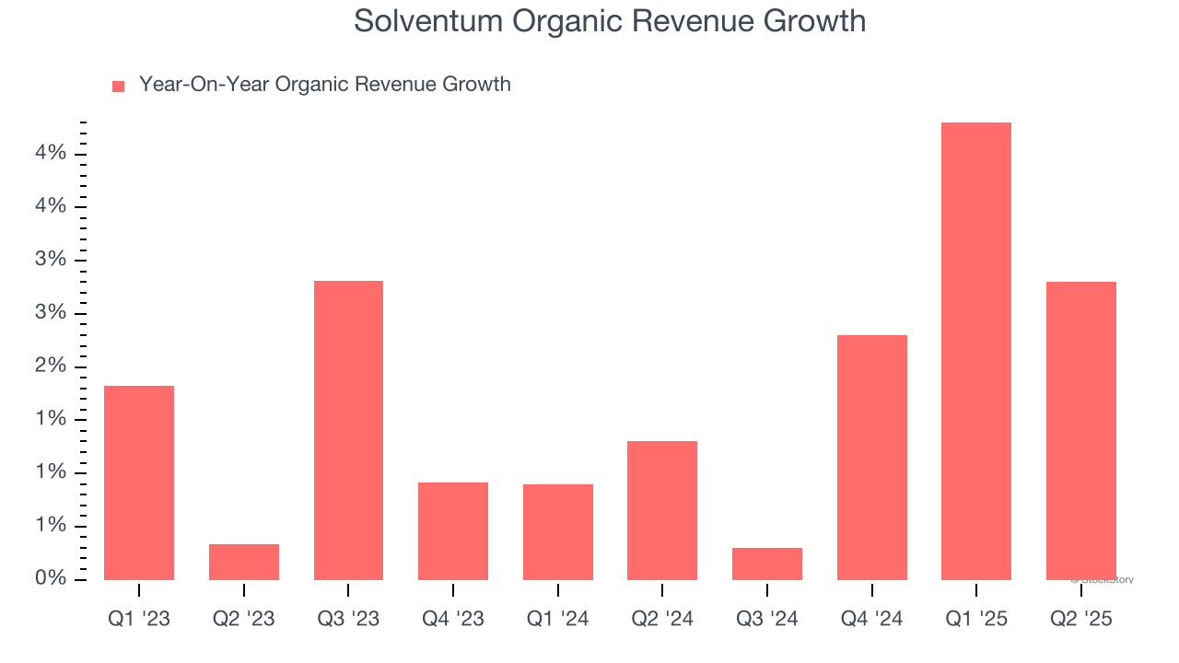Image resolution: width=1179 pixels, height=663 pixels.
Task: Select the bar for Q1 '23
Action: pos(139,483)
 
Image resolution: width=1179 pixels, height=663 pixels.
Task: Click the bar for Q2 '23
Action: pos(244,562)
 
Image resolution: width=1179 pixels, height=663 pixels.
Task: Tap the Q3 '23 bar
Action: pos(348,430)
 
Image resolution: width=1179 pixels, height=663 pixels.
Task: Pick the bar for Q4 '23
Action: pos(453,531)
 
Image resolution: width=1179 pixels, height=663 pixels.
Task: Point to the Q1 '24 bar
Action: pos(558,532)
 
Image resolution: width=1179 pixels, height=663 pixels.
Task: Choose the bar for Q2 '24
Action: pos(662,510)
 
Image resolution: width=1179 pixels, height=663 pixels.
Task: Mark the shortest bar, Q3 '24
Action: pos(767,564)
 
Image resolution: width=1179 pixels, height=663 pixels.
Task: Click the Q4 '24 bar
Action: pos(872,458)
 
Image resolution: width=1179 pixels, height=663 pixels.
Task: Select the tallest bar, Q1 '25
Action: pos(976,351)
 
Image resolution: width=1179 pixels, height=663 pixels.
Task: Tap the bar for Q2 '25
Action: pos(1081,431)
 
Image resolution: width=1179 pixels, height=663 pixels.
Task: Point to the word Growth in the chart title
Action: pos(816,20)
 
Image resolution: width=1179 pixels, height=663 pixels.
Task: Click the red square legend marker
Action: pos(118,87)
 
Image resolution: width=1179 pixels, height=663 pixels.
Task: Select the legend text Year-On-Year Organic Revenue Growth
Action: pos(324,85)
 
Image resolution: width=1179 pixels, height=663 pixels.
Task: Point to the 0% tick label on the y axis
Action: pos(52,579)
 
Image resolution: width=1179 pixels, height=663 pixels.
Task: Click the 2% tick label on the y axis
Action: pos(52,366)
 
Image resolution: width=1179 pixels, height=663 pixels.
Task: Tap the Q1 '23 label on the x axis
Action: pos(139,619)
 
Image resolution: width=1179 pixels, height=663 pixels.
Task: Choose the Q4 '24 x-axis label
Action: pos(872,619)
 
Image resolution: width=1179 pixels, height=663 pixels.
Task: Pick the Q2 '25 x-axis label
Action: pos(1081,619)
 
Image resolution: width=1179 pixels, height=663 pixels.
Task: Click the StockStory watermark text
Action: pos(1103,580)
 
